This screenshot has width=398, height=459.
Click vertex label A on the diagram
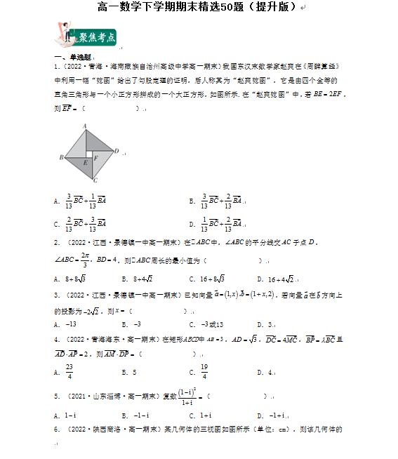pos(85,126)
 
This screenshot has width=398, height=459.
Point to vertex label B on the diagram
pos(62,157)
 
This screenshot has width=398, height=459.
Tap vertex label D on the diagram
pos(116,151)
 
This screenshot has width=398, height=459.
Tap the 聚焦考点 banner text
pos(97,37)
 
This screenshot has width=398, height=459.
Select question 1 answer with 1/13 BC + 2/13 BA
pos(221,224)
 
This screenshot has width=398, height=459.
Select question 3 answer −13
pos(70,324)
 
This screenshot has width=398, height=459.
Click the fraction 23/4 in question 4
pos(69,371)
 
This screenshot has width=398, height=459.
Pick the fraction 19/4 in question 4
pos(203,371)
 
